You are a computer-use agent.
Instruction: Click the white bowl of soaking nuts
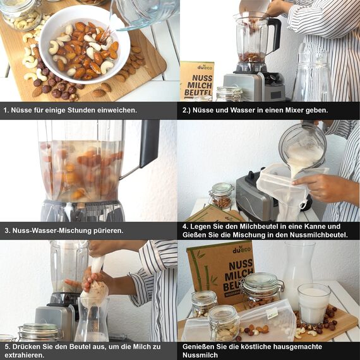pyautogui.click(x=85, y=44)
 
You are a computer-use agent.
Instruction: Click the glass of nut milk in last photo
pyautogui.click(x=314, y=304)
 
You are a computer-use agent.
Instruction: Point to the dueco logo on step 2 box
pyautogui.click(x=205, y=67)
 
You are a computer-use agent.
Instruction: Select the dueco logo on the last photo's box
pyautogui.click(x=242, y=250)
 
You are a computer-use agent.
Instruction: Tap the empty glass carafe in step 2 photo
pyautogui.click(x=312, y=73)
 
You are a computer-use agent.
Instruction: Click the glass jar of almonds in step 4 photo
pyautogui.click(x=221, y=195)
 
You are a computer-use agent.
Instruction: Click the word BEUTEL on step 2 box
pyautogui.click(x=198, y=92)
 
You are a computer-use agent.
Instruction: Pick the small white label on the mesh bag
pyautogui.click(x=272, y=314)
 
